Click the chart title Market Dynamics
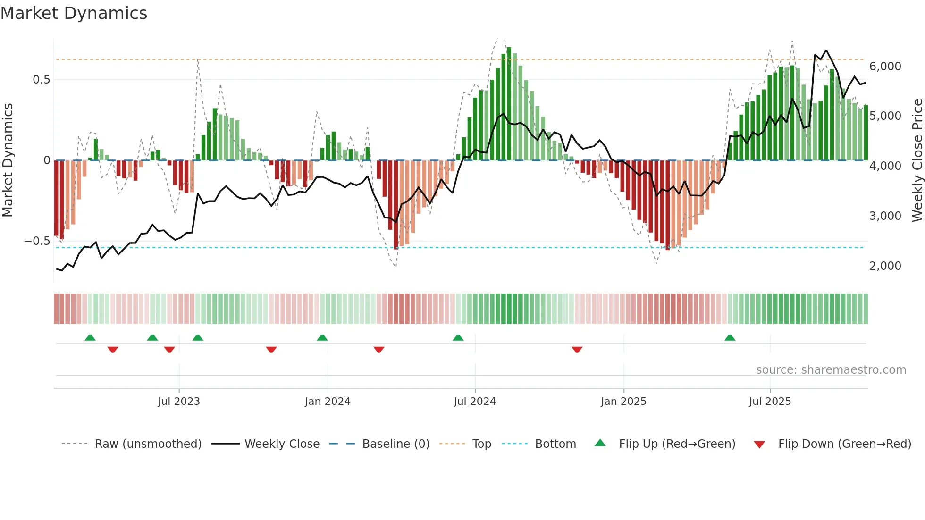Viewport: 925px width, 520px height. tap(74, 13)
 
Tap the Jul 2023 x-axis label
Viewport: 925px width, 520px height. tap(179, 402)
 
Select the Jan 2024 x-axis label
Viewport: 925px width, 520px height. tap(328, 402)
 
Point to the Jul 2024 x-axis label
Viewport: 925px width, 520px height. tap(475, 402)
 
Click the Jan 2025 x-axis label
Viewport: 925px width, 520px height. tap(623, 402)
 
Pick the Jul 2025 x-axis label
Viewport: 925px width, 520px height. tap(770, 402)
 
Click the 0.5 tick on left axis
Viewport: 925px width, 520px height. tap(41, 80)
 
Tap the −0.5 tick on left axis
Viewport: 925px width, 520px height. tap(37, 241)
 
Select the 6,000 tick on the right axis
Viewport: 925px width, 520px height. tap(885, 67)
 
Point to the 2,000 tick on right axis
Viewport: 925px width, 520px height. tap(885, 266)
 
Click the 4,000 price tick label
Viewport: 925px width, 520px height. tap(885, 166)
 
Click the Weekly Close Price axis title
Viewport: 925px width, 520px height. tap(917, 160)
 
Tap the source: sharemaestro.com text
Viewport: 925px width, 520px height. tap(831, 370)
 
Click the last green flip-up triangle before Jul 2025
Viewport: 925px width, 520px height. tap(730, 338)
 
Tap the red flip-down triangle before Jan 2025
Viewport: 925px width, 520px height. tap(577, 349)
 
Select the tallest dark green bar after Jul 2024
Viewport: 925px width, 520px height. tap(509, 104)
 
